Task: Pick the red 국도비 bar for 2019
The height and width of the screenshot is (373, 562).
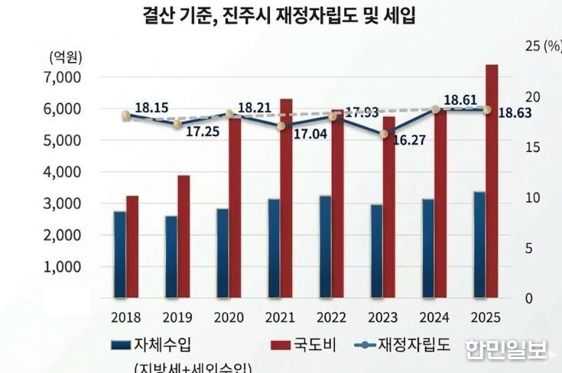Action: tap(184, 236)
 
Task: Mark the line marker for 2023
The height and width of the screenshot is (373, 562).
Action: tap(384, 135)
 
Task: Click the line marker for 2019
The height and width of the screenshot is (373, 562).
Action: tap(177, 124)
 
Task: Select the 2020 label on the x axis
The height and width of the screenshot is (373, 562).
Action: tap(229, 316)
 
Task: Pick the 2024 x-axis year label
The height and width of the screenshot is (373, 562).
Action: tap(434, 316)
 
